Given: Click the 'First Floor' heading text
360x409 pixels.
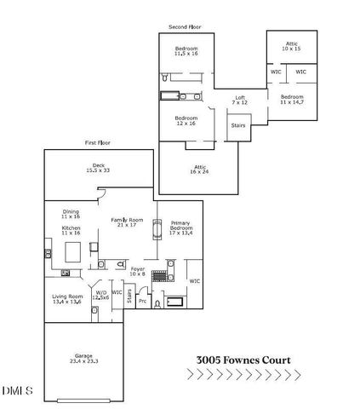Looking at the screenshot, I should (x=99, y=142).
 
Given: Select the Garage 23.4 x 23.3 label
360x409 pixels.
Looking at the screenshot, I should (x=83, y=360).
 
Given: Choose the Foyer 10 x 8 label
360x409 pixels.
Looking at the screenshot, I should (x=137, y=272).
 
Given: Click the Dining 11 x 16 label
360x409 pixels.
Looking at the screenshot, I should (x=71, y=214).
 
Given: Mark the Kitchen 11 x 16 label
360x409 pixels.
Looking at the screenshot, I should (x=71, y=231).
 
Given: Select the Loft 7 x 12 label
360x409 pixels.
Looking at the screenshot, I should (x=241, y=100).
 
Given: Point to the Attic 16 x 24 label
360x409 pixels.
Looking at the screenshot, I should (x=200, y=170).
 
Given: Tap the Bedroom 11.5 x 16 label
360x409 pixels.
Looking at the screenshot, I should (x=186, y=51).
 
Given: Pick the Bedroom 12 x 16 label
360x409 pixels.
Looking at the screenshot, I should (x=186, y=120).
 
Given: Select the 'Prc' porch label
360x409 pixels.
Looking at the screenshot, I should (x=143, y=301).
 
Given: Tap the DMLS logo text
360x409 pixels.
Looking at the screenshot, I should (x=17, y=390).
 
